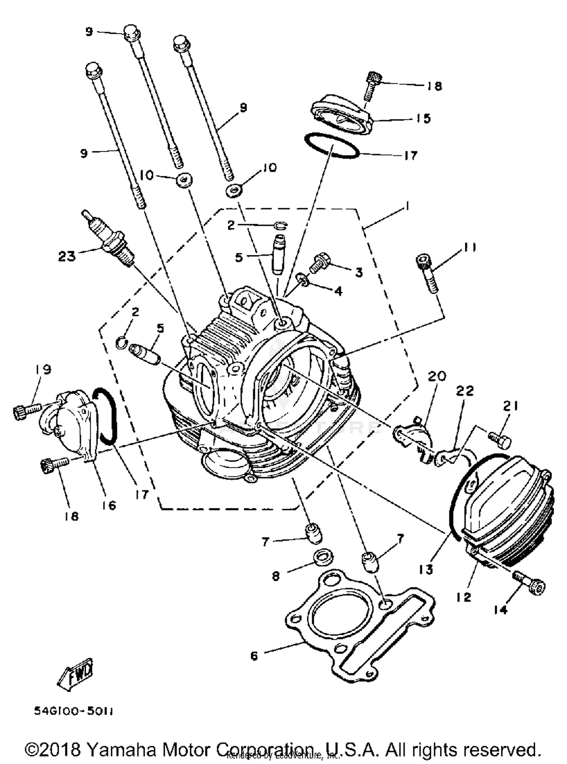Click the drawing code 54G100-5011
pyautogui.click(x=74, y=711)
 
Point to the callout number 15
pyautogui.click(x=424, y=118)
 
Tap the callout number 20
pyautogui.click(x=437, y=376)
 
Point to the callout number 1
pyautogui.click(x=407, y=206)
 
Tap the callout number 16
pyautogui.click(x=110, y=505)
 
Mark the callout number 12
pyautogui.click(x=463, y=597)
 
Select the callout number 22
pyautogui.click(x=465, y=391)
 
